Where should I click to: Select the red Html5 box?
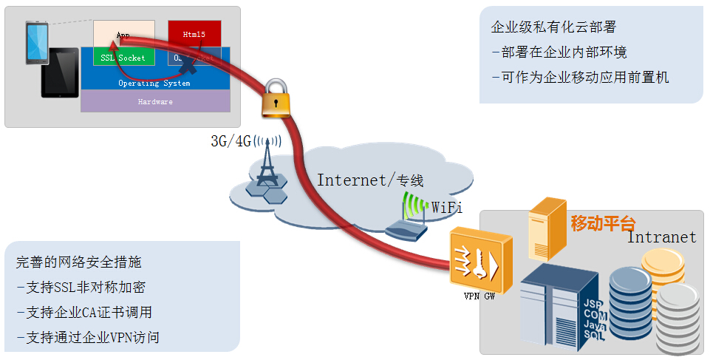194,34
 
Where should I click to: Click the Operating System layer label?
154,83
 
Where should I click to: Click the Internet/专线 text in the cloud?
370,180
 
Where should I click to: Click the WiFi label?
447,208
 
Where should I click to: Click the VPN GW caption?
479,297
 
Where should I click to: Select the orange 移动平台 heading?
603,223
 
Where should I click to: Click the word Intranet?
661,237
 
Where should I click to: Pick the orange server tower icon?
547,228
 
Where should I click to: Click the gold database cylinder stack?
663,268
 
